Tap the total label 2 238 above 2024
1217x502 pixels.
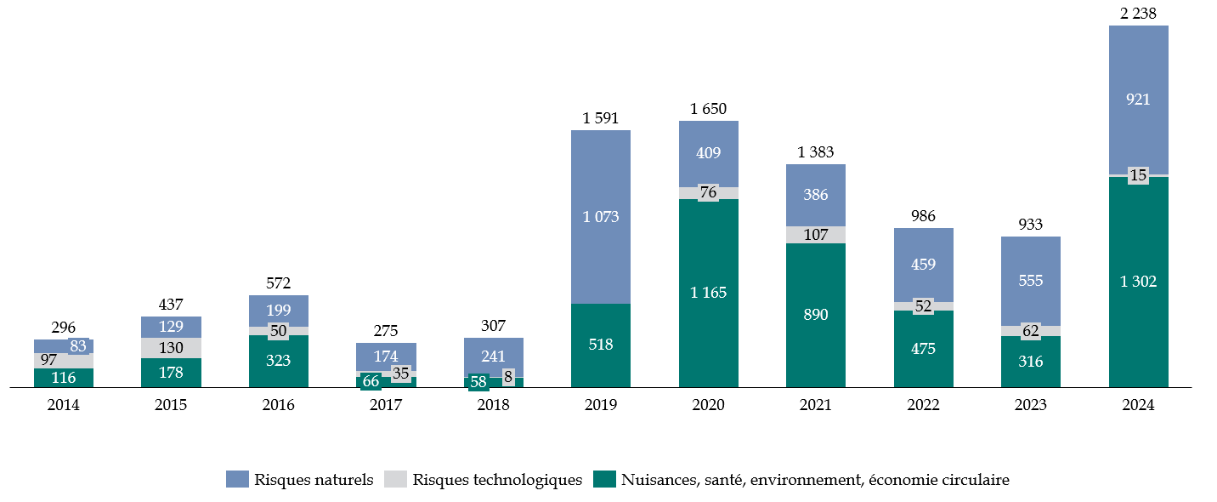pos(1138,13)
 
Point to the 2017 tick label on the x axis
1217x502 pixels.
pos(386,406)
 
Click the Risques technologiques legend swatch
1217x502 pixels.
pos(396,480)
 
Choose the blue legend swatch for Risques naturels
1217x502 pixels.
pos(237,480)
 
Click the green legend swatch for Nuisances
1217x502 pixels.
pos(604,480)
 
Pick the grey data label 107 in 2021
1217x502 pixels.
pos(816,235)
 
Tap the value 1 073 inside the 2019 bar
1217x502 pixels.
pos(600,216)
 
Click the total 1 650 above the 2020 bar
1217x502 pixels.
pos(708,108)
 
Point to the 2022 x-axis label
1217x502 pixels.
pos(923,406)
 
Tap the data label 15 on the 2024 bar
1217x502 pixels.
pos(1138,175)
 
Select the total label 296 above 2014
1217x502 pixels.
pos(64,327)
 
